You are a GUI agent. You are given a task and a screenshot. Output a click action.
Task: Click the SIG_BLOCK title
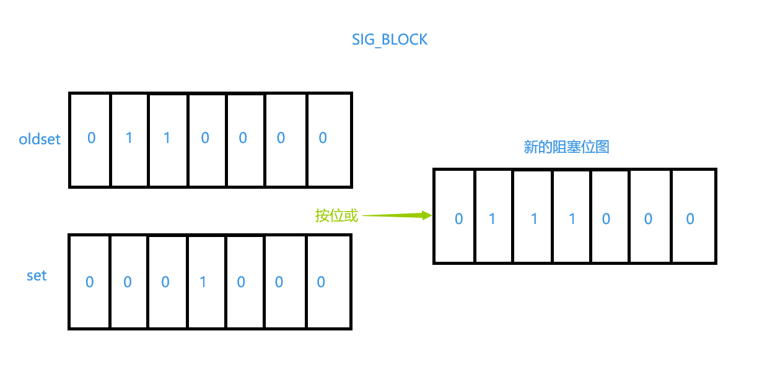click(390, 40)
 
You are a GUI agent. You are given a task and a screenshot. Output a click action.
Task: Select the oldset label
click(40, 139)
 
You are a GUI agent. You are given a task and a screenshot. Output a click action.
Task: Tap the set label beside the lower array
click(37, 275)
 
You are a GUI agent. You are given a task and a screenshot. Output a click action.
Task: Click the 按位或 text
click(336, 215)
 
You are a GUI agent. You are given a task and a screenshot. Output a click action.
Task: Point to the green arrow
click(396, 215)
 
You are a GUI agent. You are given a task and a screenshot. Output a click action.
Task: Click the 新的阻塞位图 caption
click(566, 147)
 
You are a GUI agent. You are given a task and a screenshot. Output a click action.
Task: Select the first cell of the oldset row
click(90, 139)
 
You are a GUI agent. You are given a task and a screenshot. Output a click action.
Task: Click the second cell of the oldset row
click(129, 139)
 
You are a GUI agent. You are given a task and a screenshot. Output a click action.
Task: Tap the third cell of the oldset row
click(168, 139)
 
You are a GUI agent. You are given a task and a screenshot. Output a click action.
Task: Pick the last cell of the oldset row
click(329, 139)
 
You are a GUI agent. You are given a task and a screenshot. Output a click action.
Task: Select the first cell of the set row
click(90, 282)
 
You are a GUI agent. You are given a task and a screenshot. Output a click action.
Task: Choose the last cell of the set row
click(329, 282)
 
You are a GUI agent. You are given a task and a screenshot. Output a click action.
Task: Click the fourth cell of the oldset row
click(207, 139)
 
